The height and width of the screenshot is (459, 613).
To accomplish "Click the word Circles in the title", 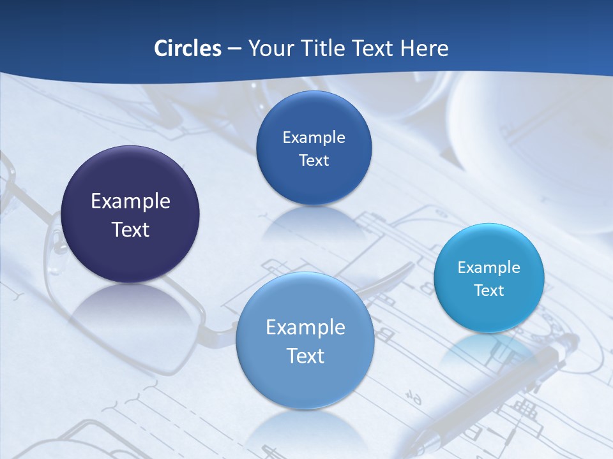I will [187, 48].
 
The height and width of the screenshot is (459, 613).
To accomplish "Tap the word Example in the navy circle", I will [130, 201].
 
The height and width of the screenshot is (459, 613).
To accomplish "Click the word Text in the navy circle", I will [130, 229].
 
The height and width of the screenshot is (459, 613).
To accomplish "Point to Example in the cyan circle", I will [489, 267].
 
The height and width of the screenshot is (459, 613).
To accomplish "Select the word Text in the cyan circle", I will [489, 291].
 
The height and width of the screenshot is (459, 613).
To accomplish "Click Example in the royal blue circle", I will [314, 137].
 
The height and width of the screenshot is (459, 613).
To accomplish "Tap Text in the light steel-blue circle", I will [305, 356].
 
